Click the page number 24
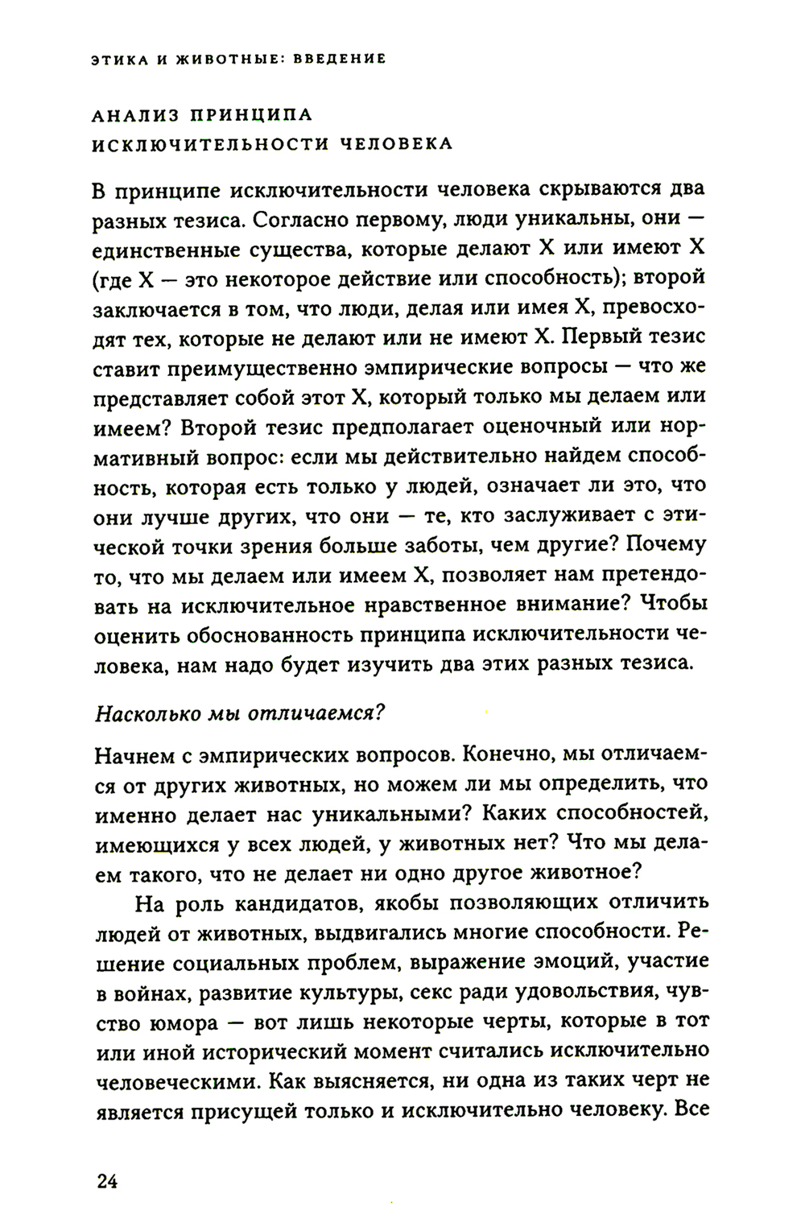click(107, 1181)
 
